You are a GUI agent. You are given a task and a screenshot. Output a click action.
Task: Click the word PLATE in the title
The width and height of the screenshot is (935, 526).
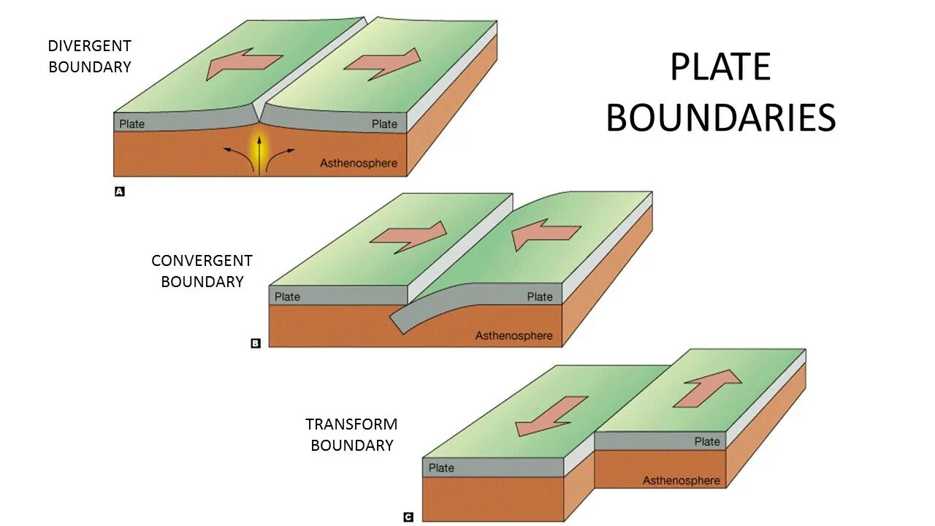[x=720, y=68]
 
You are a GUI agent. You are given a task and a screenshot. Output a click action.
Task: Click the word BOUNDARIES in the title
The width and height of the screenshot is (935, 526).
[x=720, y=118]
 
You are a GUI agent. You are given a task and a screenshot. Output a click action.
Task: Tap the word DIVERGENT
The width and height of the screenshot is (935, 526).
[x=89, y=46]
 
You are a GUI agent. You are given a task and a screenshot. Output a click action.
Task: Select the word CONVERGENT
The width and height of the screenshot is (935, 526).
[x=202, y=261]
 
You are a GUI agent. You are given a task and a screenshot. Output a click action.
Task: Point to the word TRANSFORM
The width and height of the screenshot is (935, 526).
[x=351, y=424]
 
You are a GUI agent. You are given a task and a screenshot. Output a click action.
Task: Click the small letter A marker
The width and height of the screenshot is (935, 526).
[x=120, y=191]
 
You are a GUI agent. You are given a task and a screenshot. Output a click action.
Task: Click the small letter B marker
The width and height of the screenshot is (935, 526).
[x=255, y=343]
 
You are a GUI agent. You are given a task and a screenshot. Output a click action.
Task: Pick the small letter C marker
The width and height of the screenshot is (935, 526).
[x=408, y=517]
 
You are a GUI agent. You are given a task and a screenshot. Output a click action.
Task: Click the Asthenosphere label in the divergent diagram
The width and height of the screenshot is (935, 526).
[x=359, y=163]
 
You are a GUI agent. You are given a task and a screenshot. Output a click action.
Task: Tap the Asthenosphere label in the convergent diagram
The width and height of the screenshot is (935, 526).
[x=514, y=336]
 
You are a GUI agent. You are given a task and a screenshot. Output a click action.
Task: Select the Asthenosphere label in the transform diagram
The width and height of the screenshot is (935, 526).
[x=681, y=480]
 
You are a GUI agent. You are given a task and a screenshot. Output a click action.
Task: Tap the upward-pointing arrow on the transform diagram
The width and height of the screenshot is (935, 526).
[x=707, y=388]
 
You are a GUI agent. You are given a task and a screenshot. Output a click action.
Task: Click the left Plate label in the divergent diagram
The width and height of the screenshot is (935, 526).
[x=132, y=123]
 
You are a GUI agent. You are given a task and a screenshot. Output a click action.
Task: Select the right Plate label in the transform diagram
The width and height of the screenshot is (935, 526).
[x=706, y=441]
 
